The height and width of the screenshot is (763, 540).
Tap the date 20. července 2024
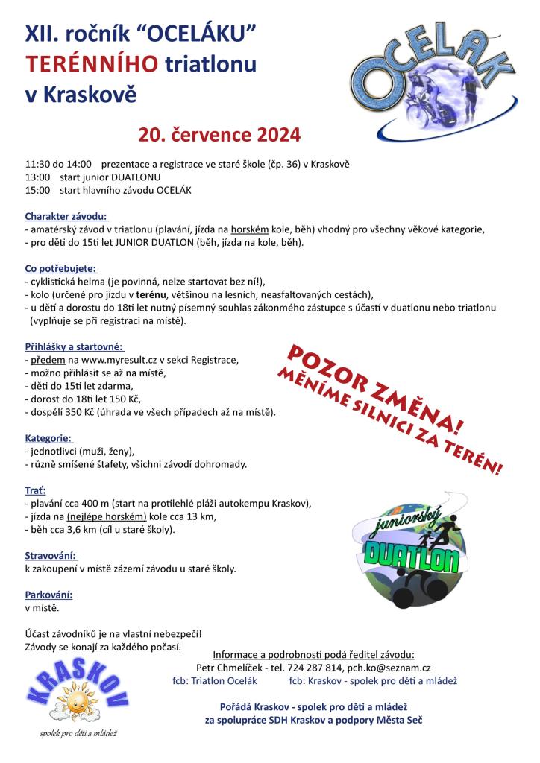click(x=219, y=135)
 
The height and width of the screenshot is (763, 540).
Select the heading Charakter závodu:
click(x=66, y=215)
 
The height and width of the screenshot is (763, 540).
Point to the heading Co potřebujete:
click(x=61, y=267)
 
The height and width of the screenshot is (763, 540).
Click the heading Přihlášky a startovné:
click(x=74, y=346)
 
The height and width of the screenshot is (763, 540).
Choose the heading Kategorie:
click(x=48, y=438)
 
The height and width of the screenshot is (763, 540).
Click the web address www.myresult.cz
click(x=109, y=360)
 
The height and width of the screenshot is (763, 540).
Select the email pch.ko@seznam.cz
click(x=389, y=668)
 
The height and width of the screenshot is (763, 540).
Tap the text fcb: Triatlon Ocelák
click(x=214, y=681)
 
